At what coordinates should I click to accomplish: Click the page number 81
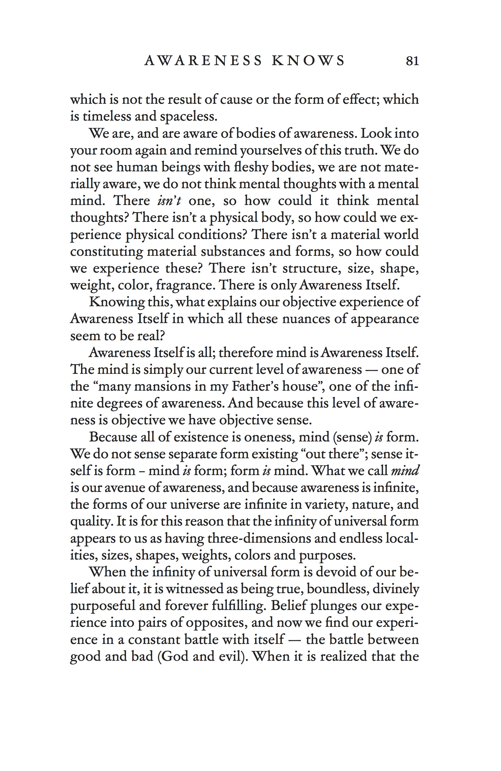412,61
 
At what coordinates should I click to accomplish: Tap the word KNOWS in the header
308,61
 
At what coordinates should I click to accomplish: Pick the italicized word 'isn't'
169,201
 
